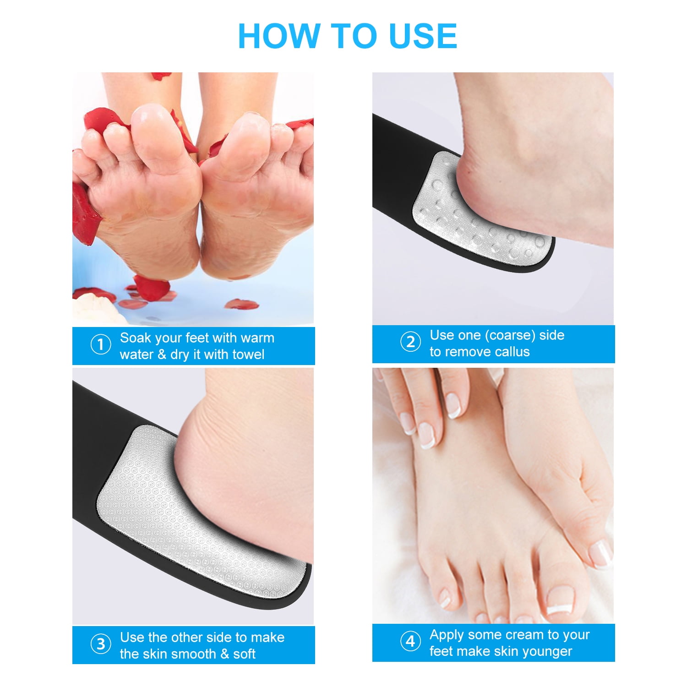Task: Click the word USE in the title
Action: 422,36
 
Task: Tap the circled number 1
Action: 101,344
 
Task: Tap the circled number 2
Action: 410,342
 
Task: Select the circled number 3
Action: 101,644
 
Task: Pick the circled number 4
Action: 410,641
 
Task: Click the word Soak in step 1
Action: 136,338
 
